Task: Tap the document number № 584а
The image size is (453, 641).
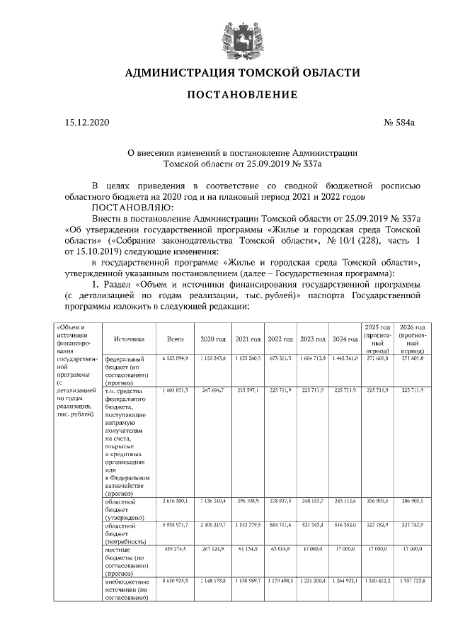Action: [398, 123]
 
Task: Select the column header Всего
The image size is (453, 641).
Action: [175, 339]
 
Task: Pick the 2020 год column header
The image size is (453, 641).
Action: [213, 339]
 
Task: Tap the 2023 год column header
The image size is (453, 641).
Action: [312, 339]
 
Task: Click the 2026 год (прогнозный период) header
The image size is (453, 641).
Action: [411, 339]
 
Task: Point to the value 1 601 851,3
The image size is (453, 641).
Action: [175, 390]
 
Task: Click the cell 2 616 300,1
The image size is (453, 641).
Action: [175, 501]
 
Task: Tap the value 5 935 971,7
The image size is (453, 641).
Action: [175, 527]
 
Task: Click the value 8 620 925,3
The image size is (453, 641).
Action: [175, 580]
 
